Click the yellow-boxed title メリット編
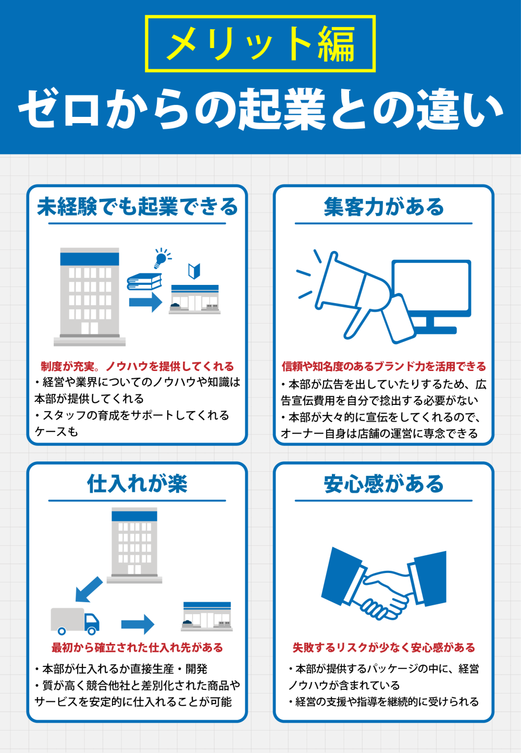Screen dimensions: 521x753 (260, 43)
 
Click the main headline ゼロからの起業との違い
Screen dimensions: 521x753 (260, 110)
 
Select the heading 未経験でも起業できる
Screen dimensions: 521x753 (138, 207)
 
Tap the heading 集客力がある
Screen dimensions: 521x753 (383, 207)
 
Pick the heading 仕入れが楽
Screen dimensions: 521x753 (138, 484)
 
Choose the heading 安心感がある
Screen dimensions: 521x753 (383, 484)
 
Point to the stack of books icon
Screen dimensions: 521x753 (144, 281)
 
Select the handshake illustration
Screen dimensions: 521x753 (383, 583)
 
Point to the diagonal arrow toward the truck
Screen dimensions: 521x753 (89, 590)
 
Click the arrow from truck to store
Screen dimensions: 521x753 (138, 624)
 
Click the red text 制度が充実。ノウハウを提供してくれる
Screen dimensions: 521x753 (138, 366)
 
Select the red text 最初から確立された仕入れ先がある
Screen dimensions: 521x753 (138, 648)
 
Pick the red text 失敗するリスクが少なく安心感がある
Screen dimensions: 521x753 (383, 648)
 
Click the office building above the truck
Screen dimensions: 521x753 (134, 545)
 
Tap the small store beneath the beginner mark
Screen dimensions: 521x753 (195, 299)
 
